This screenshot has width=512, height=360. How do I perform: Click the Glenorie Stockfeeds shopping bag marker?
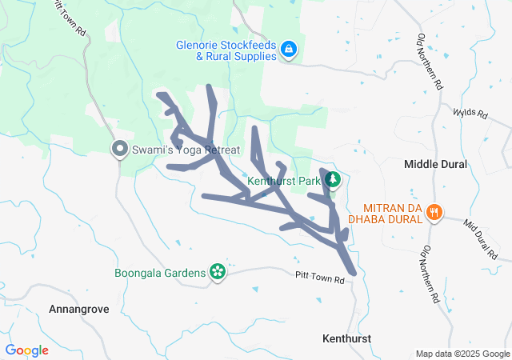tap(287, 50)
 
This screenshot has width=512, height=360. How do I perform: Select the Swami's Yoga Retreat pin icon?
tap(120, 149)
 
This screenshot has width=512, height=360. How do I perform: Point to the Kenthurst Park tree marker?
tap(332, 181)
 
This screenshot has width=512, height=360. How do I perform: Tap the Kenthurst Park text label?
tap(284, 182)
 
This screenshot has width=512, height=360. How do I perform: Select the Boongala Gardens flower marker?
tap(216, 272)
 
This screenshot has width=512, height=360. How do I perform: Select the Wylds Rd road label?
tap(470, 114)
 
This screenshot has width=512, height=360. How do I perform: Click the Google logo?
tap(26, 350)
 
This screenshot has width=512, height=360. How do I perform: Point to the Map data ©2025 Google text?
tap(462, 354)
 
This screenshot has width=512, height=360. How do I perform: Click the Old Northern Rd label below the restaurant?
tap(430, 271)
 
